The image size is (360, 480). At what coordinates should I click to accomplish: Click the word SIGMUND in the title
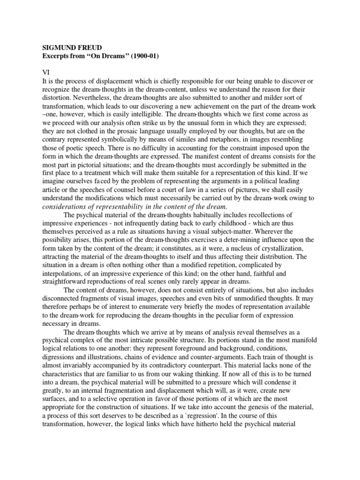60,48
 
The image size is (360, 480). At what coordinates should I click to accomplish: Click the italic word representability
121,207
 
